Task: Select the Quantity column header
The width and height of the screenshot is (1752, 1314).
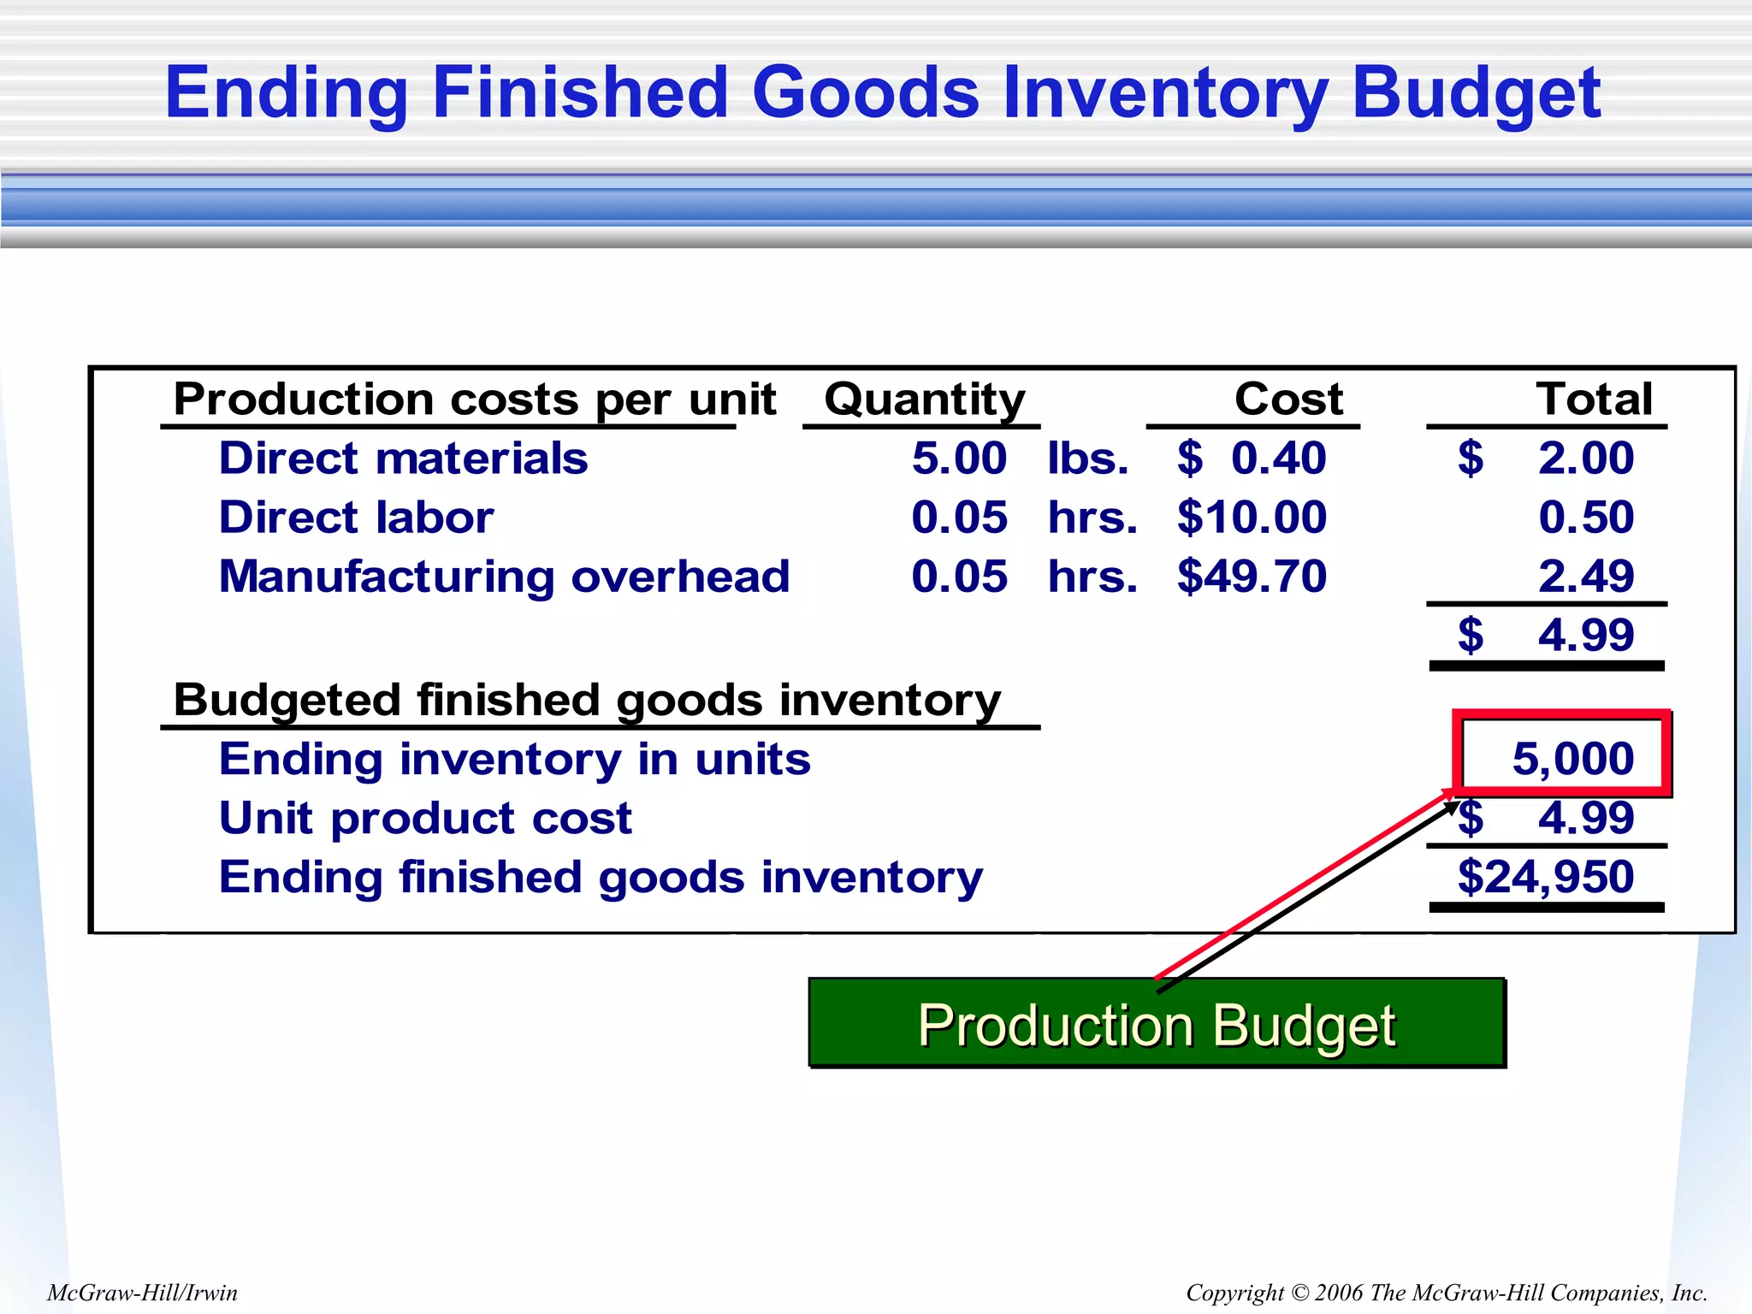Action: [924, 400]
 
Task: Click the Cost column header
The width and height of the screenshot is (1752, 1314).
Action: [1288, 400]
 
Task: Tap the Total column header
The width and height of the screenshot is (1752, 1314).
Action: [1594, 400]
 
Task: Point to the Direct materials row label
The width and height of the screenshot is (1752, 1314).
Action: [403, 459]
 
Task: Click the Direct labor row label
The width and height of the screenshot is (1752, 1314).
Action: [356, 518]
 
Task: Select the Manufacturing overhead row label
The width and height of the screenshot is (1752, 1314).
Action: [504, 577]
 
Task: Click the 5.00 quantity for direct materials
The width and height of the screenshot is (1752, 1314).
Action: [959, 459]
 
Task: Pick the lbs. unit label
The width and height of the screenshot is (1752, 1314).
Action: [1088, 459]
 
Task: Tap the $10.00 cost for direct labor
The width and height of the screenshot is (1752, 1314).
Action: [1252, 518]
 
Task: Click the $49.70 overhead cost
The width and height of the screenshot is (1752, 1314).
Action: [1252, 577]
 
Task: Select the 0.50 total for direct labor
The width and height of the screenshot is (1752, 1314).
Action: [1585, 518]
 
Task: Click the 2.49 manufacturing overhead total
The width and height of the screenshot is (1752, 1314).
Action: [1585, 577]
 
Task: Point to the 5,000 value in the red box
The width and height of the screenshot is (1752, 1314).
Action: [1572, 759]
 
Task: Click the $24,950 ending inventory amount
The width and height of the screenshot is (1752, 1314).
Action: [1545, 878]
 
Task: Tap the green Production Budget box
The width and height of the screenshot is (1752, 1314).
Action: [1157, 1024]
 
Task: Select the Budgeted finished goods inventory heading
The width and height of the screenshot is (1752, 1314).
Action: [587, 701]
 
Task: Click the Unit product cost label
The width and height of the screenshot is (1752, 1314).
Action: [425, 819]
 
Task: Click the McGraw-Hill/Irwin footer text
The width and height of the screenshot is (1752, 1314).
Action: [142, 1293]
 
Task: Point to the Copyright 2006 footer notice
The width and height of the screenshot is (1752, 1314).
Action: [1446, 1293]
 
